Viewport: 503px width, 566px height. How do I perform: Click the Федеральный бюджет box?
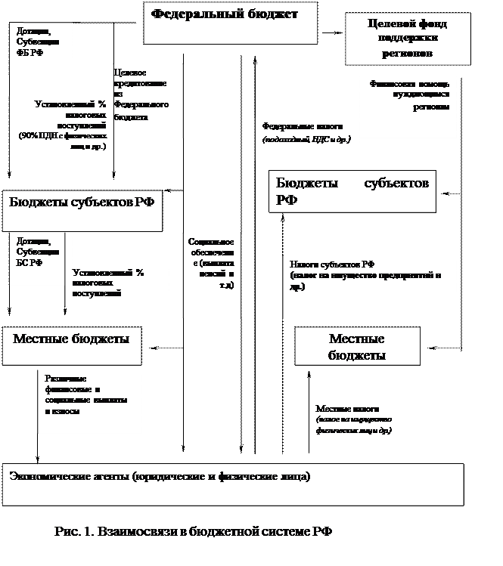(231, 23)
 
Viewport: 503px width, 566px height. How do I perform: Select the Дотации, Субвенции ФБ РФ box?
(42, 48)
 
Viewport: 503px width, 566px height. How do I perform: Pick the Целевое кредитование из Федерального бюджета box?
(144, 100)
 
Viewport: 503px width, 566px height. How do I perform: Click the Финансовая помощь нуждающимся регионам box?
(408, 106)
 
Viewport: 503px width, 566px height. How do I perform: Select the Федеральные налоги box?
(307, 138)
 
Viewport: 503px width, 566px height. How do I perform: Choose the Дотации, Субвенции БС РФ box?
(36, 258)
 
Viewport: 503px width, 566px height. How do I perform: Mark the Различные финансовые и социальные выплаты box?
(89, 401)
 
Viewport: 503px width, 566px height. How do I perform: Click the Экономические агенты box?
(233, 484)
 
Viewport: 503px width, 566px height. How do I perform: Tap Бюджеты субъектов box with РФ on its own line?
(352, 191)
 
